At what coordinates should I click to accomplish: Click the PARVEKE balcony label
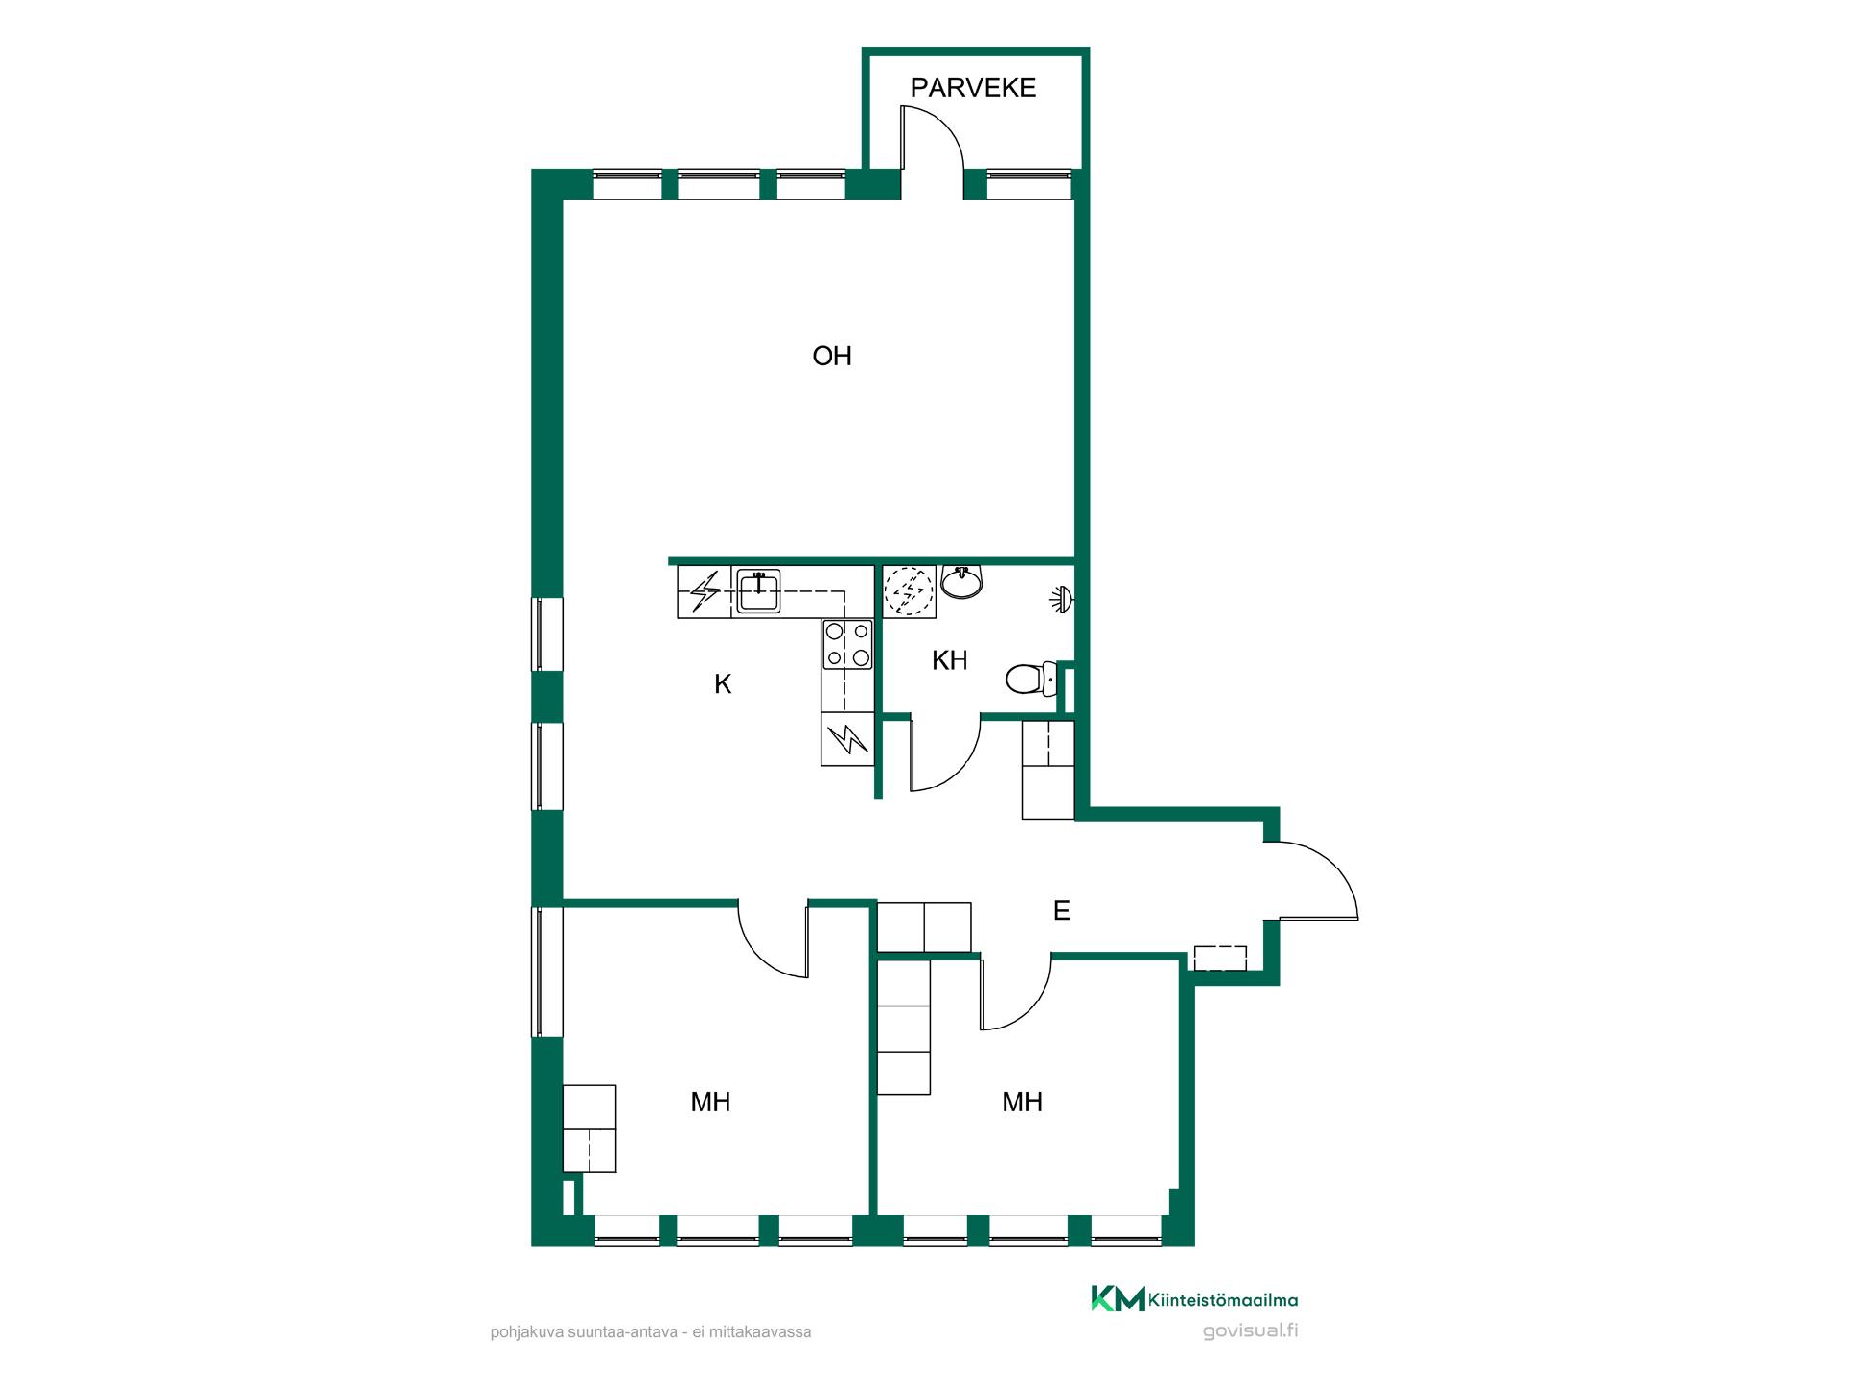click(x=973, y=88)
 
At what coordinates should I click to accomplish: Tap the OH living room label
click(x=832, y=357)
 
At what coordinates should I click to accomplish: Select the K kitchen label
click(x=723, y=684)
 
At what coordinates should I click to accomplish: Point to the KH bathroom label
click(x=949, y=660)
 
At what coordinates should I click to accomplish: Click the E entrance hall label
click(x=1061, y=911)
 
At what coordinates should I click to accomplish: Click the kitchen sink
click(x=758, y=591)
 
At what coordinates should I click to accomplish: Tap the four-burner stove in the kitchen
click(x=847, y=645)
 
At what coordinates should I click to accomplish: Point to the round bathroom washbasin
click(x=962, y=582)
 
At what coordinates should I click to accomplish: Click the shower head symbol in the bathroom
click(x=1063, y=600)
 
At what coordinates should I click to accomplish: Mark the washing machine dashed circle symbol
click(x=910, y=591)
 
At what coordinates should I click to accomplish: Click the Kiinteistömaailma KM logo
click(x=1194, y=1298)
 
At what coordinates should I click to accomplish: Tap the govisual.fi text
click(x=1251, y=1331)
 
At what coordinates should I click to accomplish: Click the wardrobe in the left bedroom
click(x=589, y=1129)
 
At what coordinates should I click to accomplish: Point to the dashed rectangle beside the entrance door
click(x=1220, y=958)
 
